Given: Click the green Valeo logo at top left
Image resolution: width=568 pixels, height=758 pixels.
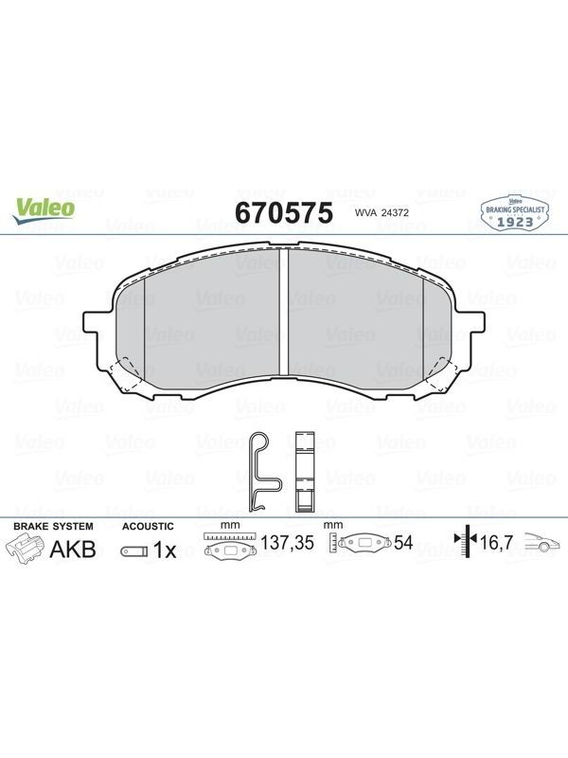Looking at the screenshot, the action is pyautogui.click(x=44, y=210).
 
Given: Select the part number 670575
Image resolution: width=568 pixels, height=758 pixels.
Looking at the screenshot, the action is pyautogui.click(x=284, y=212).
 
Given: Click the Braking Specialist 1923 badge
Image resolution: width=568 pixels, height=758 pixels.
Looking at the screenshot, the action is pyautogui.click(x=515, y=212).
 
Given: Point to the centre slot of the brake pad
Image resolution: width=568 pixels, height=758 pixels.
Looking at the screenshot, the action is pyautogui.click(x=284, y=312).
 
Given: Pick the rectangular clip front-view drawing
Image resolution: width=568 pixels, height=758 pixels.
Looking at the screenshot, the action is pyautogui.click(x=305, y=471).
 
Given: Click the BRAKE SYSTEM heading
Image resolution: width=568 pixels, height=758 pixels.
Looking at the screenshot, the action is pyautogui.click(x=53, y=526).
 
